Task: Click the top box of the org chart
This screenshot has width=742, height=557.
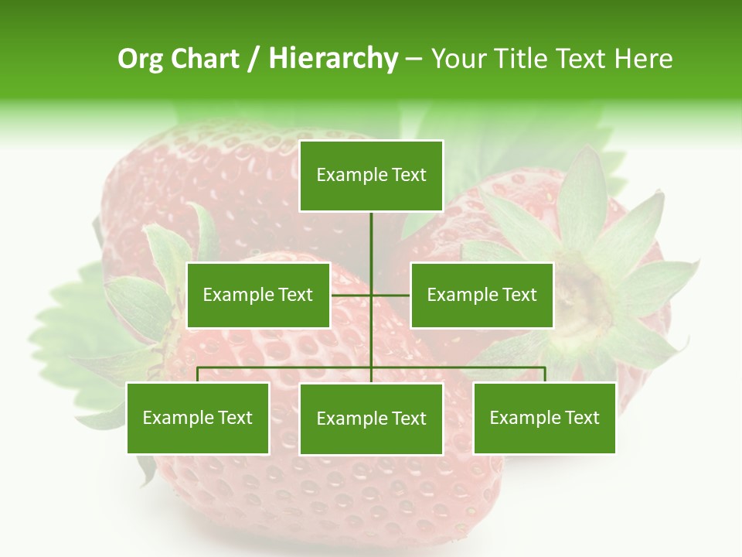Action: (371, 176)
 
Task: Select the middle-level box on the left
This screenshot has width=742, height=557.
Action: (258, 295)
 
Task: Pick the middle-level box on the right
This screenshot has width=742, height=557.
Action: (482, 295)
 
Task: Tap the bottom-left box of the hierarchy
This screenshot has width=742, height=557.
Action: (198, 418)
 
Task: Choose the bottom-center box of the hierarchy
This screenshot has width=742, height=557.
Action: (371, 419)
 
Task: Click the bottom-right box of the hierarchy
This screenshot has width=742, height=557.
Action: (544, 418)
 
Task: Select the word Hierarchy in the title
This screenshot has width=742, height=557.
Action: (333, 59)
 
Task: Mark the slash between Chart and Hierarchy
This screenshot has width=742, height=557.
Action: (254, 60)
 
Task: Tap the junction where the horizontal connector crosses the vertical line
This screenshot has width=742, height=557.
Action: (371, 295)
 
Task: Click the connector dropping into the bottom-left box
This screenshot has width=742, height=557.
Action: (198, 374)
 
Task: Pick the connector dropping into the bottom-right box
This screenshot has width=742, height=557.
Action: (544, 374)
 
